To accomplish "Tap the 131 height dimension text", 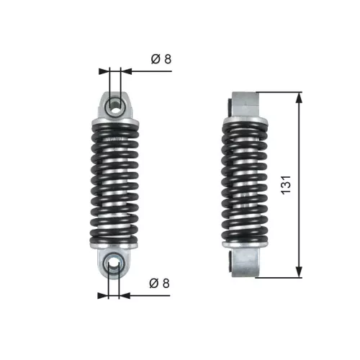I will click(x=286, y=184).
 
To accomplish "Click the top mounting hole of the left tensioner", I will click(x=114, y=105).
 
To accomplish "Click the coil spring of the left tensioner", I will click(x=114, y=184).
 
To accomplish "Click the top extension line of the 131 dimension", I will click(x=277, y=91).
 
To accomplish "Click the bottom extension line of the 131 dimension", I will click(x=277, y=276).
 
